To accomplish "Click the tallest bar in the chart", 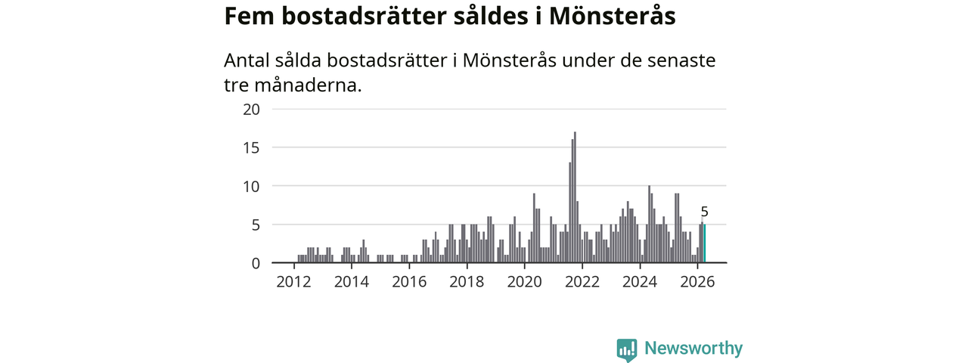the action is coord(575,197).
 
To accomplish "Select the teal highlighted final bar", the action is coord(704,244).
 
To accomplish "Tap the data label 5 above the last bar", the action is coord(704,212).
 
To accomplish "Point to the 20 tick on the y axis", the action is coord(252,110).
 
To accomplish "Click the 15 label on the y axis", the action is coord(252,147).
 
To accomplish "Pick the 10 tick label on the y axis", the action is coord(252,187).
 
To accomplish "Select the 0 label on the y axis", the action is coord(256,263).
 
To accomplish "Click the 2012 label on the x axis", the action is coord(294,282).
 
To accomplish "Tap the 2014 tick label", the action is coord(352,282).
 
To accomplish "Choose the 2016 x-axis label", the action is coord(409,282).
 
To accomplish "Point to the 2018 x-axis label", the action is coord(467,282).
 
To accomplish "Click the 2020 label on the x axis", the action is coord(525,282).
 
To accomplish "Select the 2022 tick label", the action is coord(582,282).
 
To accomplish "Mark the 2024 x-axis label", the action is coord(640,282).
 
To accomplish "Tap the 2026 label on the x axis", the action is coord(697,282).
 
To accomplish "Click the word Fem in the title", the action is coord(250,17).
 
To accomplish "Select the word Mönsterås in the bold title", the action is coord(613,16).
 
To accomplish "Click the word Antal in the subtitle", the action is coord(247,60).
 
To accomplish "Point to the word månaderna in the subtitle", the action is coord(308,85).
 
